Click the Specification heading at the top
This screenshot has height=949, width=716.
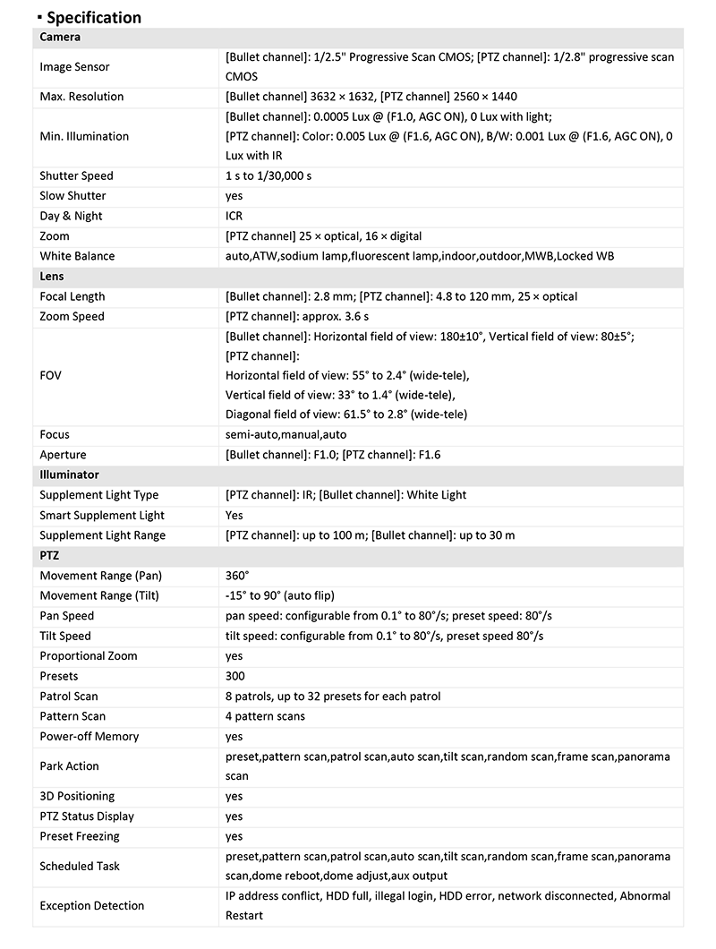point(93,17)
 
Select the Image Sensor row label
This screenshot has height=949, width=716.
point(75,67)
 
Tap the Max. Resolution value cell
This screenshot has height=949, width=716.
point(371,97)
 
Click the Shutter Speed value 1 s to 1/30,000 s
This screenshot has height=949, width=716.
point(268,176)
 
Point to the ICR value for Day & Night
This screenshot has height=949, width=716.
point(234,216)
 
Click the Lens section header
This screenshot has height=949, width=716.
point(52,277)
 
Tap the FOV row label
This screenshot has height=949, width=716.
point(50,375)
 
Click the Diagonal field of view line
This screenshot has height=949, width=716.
point(345,415)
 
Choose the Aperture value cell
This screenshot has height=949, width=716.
point(333,455)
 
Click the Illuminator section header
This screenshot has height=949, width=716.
point(69,474)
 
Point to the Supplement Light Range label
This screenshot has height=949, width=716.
point(102,535)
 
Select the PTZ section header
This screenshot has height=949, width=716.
point(50,556)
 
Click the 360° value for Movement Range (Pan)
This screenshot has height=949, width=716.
point(236,576)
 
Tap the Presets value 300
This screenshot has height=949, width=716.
point(234,676)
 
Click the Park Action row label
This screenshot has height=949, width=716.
point(70,766)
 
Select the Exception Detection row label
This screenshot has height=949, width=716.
point(91,906)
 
